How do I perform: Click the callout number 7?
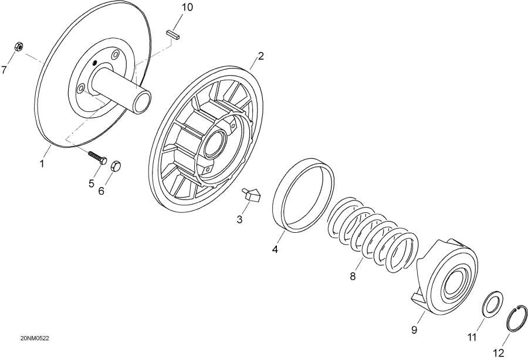(5, 70)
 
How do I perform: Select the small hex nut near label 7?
(18, 47)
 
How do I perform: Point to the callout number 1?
(42, 164)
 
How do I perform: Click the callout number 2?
(260, 56)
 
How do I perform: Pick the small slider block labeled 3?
(251, 194)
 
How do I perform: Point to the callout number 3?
(239, 219)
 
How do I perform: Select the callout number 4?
(275, 249)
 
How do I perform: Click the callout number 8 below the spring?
(353, 276)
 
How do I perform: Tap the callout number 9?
(414, 330)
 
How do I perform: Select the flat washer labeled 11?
(491, 305)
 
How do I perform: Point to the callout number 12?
(498, 352)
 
